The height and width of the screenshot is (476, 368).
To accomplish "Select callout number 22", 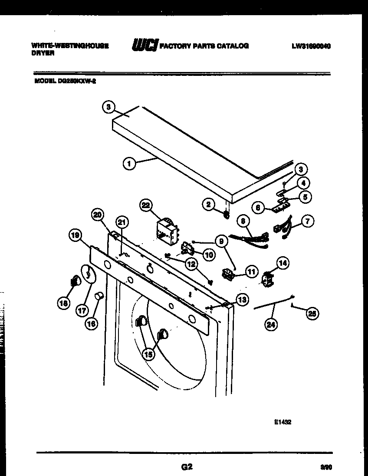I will tap(146, 205).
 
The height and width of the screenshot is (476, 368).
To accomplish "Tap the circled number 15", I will tap(148, 354).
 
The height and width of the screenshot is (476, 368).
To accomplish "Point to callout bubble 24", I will tap(271, 325).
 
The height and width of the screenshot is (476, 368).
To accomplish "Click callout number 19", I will tap(76, 236).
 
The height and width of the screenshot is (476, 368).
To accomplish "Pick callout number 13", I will tap(242, 299).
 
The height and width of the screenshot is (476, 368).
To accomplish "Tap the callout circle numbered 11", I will tap(251, 272).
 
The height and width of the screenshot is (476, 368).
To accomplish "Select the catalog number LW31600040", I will tap(311, 46).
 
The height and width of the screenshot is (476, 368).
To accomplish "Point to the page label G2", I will tap(187, 467).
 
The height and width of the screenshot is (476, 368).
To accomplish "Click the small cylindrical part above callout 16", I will tap(99, 296).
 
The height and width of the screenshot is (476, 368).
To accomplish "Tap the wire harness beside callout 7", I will tap(280, 230).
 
